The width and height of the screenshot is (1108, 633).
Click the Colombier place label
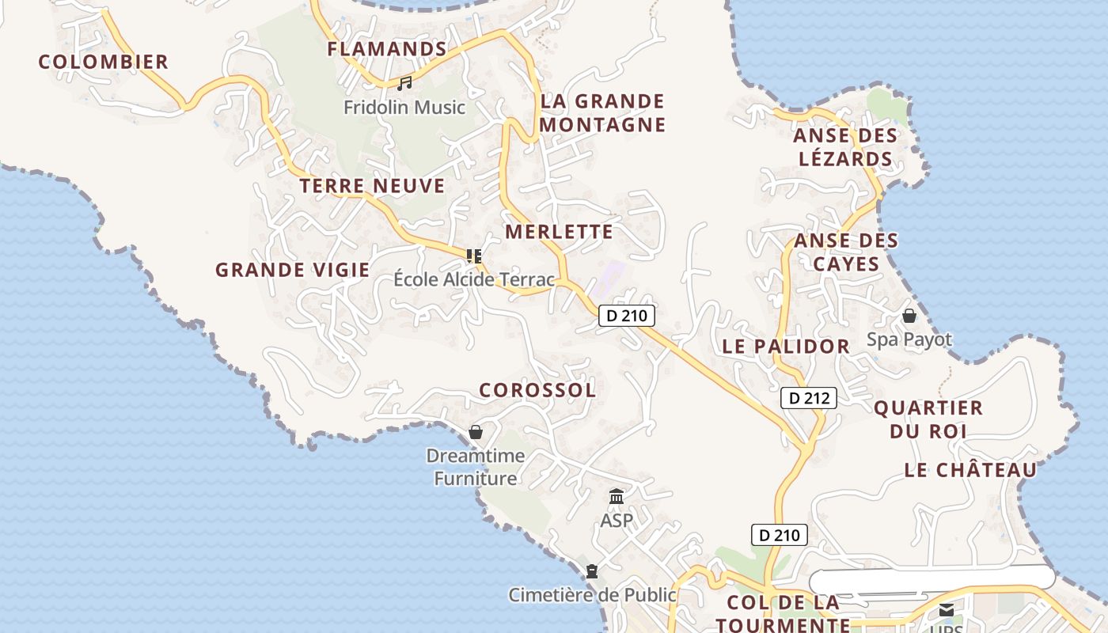(104, 62)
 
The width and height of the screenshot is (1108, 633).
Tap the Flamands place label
(387, 49)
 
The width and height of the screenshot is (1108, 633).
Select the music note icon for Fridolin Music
(404, 83)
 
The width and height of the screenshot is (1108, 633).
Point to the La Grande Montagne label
(602, 113)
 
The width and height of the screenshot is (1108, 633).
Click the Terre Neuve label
(372, 186)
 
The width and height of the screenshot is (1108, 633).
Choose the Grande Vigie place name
(292, 270)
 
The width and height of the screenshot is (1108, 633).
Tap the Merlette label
(559, 232)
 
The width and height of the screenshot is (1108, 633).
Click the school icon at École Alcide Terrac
(474, 256)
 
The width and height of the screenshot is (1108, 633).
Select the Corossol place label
(537, 390)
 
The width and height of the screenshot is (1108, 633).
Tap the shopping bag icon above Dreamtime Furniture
(476, 432)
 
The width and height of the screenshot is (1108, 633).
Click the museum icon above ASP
(617, 497)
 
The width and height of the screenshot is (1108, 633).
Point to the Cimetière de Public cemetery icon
(591, 571)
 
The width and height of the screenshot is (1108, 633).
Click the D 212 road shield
(809, 398)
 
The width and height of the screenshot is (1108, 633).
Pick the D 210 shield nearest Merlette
(626, 316)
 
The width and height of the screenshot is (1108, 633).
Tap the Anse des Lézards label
(845, 147)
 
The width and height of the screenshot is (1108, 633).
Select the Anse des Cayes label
(846, 252)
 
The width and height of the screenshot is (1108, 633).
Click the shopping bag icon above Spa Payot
(909, 316)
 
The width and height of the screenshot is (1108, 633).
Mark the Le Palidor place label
(785, 347)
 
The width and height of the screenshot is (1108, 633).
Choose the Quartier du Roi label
(928, 419)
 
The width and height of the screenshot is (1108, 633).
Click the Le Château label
(970, 470)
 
